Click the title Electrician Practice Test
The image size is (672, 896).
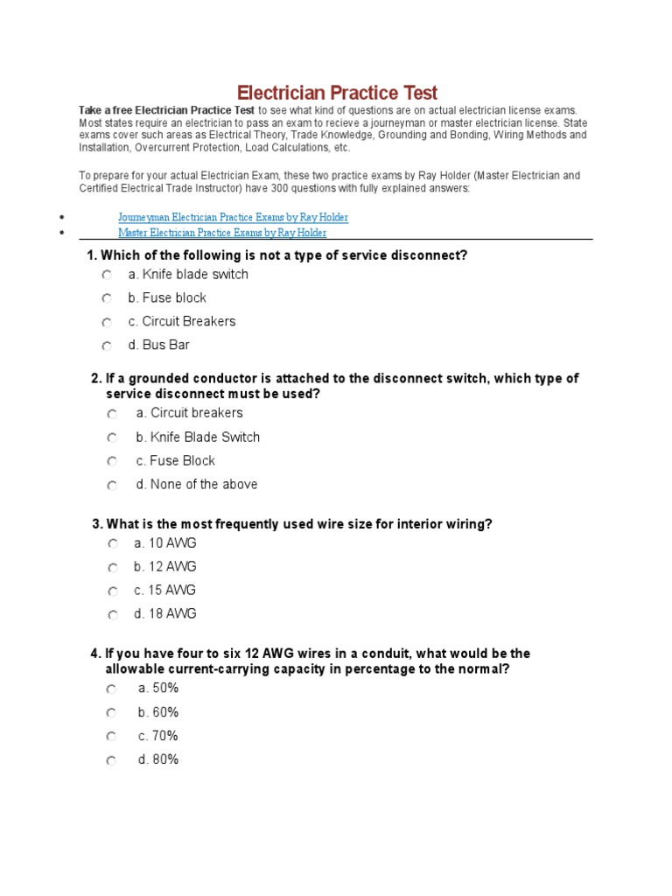coord(337,93)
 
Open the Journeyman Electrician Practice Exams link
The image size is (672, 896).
coord(233,217)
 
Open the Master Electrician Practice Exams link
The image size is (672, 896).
coord(222,233)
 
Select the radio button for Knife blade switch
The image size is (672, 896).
coord(107,275)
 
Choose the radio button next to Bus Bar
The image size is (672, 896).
coord(107,346)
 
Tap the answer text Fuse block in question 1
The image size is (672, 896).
coord(167,298)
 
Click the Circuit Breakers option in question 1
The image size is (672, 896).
coord(182,322)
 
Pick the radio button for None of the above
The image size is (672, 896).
coord(112,485)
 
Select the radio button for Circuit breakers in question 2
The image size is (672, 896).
coord(112,414)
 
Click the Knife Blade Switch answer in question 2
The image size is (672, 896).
coord(198,437)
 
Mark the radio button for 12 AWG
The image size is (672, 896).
coord(113,568)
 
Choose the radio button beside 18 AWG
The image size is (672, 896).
coord(113,615)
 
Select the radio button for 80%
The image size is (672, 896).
coord(112,761)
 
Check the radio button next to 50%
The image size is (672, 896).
coord(112,689)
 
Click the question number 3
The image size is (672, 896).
coord(96,524)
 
